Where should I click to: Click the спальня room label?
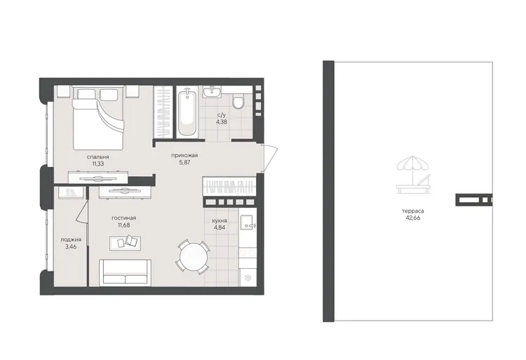[x=97, y=156]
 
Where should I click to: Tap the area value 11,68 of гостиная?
[x=123, y=225]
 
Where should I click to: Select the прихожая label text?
[x=184, y=155]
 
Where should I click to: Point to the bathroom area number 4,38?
[x=222, y=122]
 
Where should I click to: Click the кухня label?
[x=220, y=221]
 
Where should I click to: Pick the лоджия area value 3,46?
[x=71, y=246]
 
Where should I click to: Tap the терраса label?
[x=412, y=211]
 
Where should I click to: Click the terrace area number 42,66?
[x=412, y=218]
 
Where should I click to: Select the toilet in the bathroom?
[x=238, y=101]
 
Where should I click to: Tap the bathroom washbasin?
[x=212, y=91]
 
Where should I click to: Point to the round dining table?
[x=193, y=257]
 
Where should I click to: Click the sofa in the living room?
[x=125, y=272]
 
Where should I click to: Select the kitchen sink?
[x=248, y=223]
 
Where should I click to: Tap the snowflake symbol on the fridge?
[x=248, y=277]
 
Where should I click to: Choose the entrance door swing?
[x=271, y=159]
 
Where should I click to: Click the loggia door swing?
[x=81, y=211]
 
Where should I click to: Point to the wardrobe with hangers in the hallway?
[x=229, y=185]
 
